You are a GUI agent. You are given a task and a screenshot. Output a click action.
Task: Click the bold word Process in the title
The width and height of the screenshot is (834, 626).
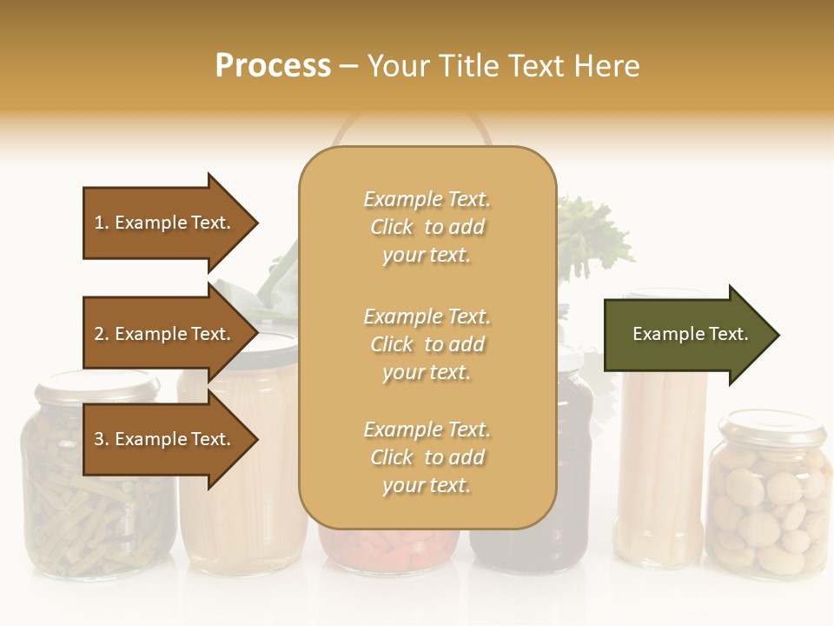pos(273,65)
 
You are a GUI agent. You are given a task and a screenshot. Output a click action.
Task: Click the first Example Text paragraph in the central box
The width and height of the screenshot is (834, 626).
pos(427,227)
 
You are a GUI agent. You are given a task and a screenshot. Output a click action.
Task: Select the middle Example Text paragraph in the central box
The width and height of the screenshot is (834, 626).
pos(427,344)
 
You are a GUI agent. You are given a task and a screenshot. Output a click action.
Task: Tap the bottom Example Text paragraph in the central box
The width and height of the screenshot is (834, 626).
pos(427,457)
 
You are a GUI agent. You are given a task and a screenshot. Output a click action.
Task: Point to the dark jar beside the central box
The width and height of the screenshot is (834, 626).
pos(574,452)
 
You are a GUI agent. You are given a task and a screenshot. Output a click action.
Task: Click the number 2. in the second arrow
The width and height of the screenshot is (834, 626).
pos(101,334)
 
